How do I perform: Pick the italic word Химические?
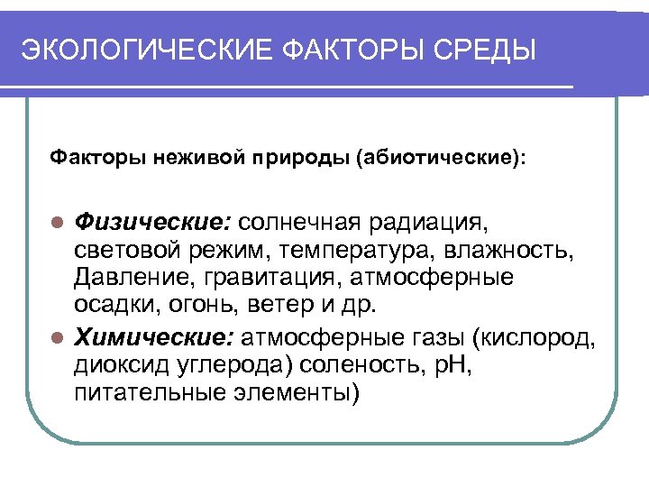click(x=153, y=339)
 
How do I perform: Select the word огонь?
click(x=200, y=305)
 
